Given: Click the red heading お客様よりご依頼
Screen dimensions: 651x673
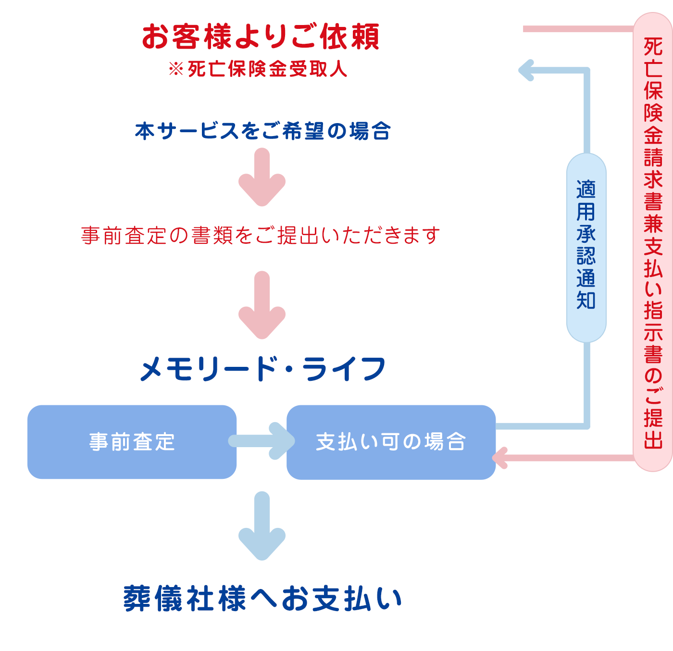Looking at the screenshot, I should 261,37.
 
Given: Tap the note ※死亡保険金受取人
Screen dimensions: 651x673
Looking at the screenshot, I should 258,69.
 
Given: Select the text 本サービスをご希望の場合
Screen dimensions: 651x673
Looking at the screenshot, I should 262,131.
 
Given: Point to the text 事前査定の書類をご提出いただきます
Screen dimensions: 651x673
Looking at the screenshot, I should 261,236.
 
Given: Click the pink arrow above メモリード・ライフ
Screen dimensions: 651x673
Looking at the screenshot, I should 262,306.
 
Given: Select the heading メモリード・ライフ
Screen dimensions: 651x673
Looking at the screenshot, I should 262,369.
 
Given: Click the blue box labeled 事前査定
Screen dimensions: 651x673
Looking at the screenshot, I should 132,442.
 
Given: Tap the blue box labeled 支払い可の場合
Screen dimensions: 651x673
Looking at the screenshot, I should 390,442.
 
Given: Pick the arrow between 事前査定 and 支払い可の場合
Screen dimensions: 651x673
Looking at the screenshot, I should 262,441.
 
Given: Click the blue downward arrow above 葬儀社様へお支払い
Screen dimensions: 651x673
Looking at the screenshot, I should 262,526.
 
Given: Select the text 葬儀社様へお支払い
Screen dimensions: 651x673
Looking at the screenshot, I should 262,599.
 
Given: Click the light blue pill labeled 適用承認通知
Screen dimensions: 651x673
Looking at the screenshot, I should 586,248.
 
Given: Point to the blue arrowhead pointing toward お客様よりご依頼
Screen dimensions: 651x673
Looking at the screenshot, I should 527,70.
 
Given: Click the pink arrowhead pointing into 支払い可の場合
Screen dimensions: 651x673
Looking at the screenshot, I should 501,458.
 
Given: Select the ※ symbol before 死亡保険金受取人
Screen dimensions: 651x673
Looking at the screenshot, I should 176,69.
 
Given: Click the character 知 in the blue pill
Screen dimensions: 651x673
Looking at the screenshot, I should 586,300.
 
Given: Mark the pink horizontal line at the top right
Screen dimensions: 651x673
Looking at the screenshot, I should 577,29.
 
